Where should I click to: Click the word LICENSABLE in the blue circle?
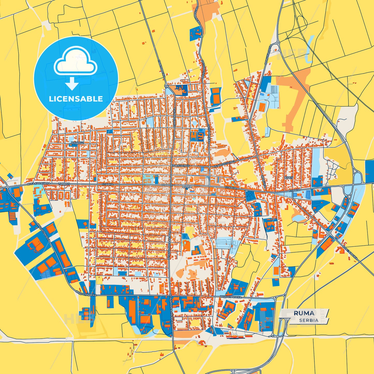point(76,99)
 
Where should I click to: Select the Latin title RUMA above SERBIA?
point(304,313)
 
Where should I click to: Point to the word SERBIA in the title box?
point(309,320)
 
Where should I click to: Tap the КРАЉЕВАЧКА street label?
point(350,253)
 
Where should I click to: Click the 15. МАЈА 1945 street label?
point(181,166)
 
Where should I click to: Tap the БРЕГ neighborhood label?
point(289,178)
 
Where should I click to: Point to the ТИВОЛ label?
point(64,184)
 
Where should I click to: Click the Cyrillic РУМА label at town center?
point(187,187)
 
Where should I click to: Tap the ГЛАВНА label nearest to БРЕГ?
point(294,190)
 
